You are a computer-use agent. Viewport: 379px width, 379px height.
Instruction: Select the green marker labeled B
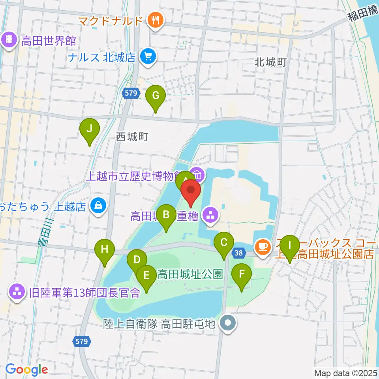point(166,216)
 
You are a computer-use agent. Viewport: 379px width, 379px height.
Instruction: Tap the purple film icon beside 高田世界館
point(9,40)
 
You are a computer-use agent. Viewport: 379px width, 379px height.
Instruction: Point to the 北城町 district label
point(270,62)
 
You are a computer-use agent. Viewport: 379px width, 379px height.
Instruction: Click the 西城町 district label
point(132,137)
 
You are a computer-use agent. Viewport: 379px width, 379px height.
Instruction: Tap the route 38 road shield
point(238,253)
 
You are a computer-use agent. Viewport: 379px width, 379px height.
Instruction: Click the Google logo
point(26,370)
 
